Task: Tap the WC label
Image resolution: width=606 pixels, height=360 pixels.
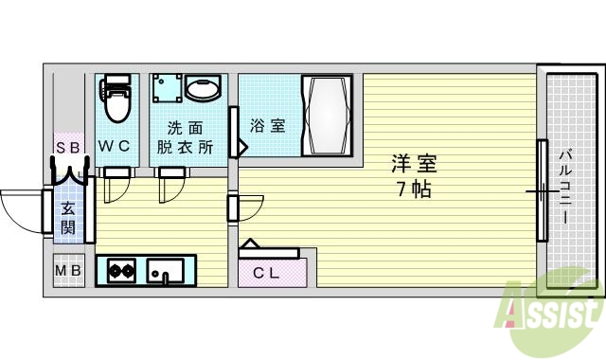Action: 116,147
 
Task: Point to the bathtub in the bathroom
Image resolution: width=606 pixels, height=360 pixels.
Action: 327,117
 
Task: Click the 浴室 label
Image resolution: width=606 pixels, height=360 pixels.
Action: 268,125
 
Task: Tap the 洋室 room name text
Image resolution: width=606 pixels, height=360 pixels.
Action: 414,163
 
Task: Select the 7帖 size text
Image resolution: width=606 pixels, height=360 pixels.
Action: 414,189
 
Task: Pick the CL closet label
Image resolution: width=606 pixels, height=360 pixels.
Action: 267,273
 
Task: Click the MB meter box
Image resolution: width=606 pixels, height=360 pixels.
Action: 68,273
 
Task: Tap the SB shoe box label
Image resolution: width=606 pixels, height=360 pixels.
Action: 68,147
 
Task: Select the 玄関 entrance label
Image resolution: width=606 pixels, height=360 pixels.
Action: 69,217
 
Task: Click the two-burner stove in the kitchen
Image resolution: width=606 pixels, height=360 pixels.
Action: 121,273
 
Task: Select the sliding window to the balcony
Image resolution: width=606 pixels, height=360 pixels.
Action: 543,190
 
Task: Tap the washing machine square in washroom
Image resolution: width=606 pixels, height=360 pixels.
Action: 167,90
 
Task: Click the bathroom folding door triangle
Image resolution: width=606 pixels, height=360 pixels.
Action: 241,149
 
